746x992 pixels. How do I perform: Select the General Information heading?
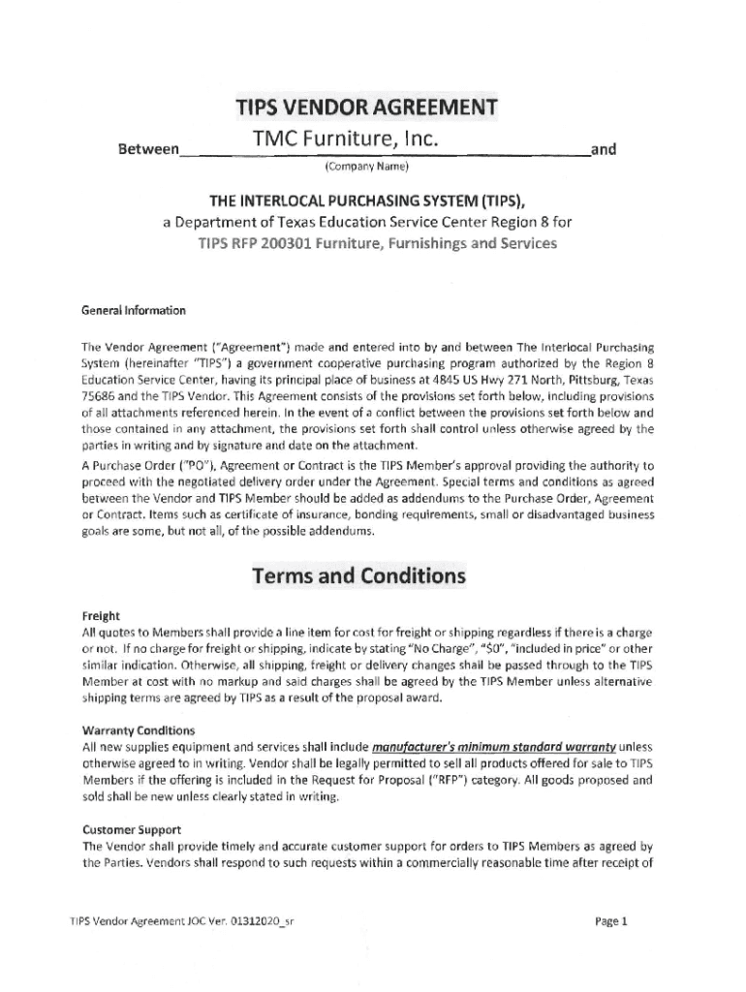coord(133,311)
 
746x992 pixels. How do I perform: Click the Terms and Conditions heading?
coord(358,576)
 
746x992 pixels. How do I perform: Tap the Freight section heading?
coord(101,615)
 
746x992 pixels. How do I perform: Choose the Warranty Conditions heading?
coord(139,730)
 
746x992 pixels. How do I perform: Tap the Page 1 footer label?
coord(611,922)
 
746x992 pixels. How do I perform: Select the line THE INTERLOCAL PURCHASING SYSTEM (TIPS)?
coord(358,202)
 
